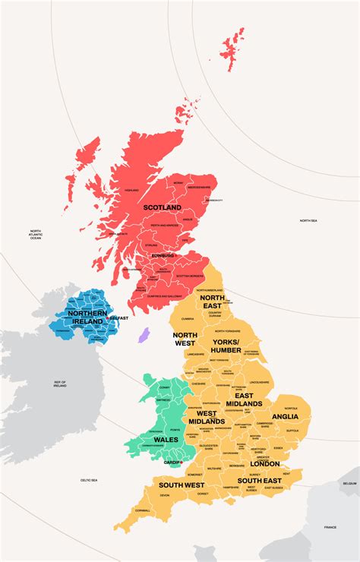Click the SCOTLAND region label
click(x=163, y=207)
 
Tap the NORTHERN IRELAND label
click(x=86, y=317)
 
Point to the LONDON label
click(x=264, y=463)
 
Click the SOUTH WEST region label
click(x=182, y=484)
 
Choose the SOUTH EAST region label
click(x=260, y=480)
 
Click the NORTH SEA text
click(x=308, y=221)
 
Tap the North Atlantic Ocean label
click(x=36, y=235)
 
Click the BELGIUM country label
click(x=349, y=483)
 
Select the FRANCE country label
click(x=330, y=527)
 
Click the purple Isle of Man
click(x=144, y=335)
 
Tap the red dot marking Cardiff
click(x=181, y=461)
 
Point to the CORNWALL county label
click(x=142, y=510)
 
